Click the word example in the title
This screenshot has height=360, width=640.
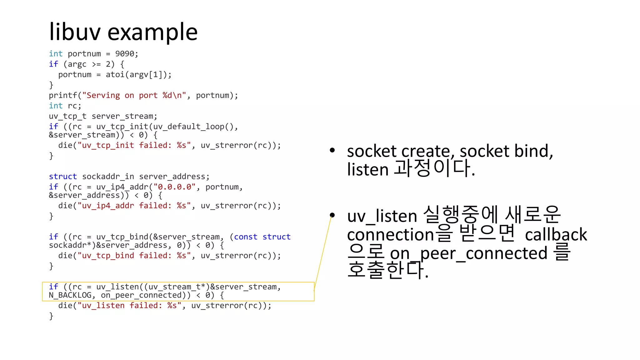(x=152, y=32)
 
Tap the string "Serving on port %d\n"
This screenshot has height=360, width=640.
(x=134, y=95)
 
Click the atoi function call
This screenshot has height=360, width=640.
(x=115, y=75)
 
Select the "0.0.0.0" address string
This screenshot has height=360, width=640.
(x=174, y=187)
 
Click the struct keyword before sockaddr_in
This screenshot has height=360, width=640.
(x=63, y=177)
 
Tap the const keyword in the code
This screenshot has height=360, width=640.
(x=246, y=237)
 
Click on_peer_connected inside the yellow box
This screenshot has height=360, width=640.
(x=146, y=295)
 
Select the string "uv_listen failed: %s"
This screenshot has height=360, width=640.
(x=129, y=306)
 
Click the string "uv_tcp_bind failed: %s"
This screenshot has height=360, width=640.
(x=134, y=256)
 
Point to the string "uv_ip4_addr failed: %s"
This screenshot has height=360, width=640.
(x=134, y=206)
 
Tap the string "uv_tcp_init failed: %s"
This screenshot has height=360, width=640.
(x=134, y=145)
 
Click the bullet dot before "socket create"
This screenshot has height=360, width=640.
(x=332, y=151)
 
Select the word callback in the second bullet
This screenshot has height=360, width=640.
(x=556, y=234)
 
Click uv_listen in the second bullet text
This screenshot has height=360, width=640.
(x=382, y=216)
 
